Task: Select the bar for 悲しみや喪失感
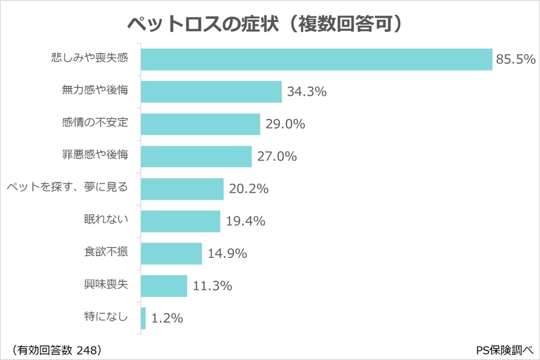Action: click(x=317, y=59)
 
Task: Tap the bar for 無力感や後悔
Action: click(x=211, y=92)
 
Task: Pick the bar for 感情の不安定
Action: click(x=200, y=124)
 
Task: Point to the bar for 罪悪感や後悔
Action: click(x=196, y=156)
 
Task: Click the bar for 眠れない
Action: click(x=180, y=221)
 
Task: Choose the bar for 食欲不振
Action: click(x=171, y=253)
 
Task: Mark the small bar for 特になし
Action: click(x=143, y=318)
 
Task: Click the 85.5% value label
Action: click(x=516, y=60)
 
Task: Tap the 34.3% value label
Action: click(x=306, y=92)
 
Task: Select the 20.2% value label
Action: click(x=249, y=189)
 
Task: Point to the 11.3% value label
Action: click(x=212, y=286)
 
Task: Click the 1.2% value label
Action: click(x=167, y=318)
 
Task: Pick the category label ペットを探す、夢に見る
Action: click(x=67, y=188)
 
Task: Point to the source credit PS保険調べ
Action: click(x=504, y=350)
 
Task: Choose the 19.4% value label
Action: click(x=245, y=221)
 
